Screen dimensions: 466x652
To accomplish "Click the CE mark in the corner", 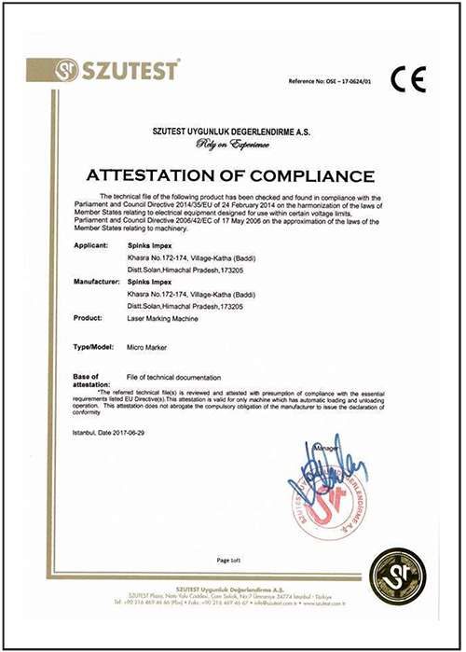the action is [x=407, y=80].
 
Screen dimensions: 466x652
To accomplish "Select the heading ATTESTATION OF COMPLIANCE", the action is [x=230, y=175].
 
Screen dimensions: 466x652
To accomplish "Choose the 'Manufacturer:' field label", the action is [x=99, y=281].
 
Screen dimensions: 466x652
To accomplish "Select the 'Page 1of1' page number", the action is [x=229, y=561].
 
